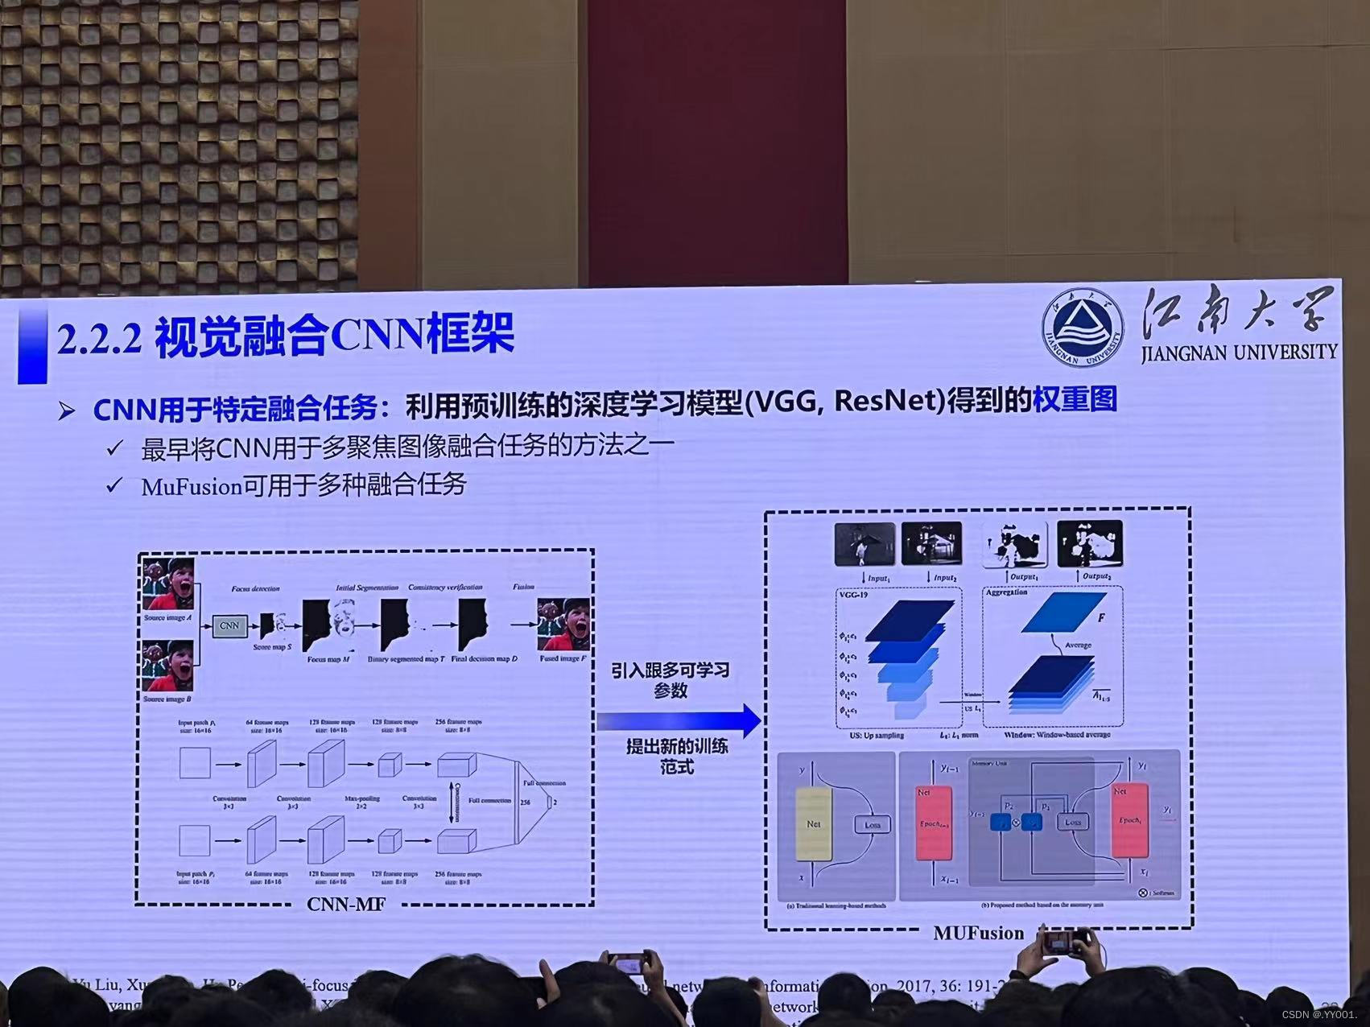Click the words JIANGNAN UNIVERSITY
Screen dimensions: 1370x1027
point(1238,353)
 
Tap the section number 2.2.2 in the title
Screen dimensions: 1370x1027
point(100,338)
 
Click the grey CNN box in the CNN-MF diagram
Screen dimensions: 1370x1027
point(229,625)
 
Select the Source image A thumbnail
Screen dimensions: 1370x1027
point(168,585)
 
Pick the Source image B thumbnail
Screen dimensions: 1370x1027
point(167,666)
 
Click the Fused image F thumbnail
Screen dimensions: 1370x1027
point(563,625)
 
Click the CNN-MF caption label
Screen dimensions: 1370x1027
point(345,903)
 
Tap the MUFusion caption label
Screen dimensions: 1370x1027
point(978,932)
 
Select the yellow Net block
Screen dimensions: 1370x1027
point(813,824)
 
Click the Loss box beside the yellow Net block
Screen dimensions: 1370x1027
point(872,824)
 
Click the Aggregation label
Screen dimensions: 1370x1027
point(1006,592)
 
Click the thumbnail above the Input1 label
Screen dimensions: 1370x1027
point(865,544)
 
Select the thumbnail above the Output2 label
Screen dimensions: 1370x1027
point(1089,544)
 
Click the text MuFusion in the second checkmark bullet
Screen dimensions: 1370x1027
point(192,487)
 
